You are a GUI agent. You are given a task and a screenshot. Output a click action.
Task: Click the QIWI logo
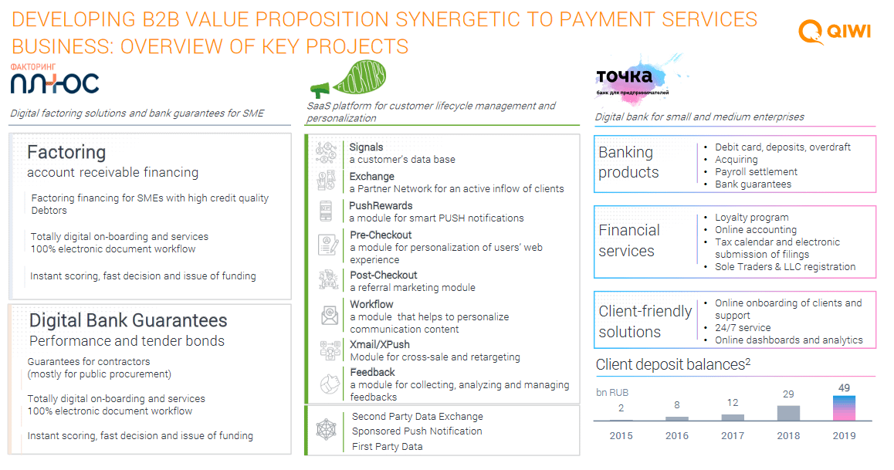(x=834, y=31)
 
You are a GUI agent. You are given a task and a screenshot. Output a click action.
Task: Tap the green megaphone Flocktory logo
(x=347, y=79)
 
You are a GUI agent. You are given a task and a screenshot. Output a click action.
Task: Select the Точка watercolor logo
(x=638, y=79)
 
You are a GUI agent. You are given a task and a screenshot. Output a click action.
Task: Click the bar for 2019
(x=844, y=408)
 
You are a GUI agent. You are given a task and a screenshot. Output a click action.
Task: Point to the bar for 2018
(x=788, y=413)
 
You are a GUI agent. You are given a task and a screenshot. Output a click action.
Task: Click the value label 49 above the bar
(x=844, y=388)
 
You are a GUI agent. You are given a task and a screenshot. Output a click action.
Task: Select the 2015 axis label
(x=621, y=436)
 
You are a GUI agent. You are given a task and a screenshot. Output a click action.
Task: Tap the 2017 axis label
(x=733, y=436)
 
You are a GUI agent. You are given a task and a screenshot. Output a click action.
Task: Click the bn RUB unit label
(x=611, y=393)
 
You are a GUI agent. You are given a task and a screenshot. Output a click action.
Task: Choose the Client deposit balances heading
(x=672, y=364)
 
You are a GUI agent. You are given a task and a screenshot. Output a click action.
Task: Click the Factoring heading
(x=66, y=153)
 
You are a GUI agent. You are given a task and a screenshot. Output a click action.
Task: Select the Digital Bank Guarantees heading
(x=128, y=321)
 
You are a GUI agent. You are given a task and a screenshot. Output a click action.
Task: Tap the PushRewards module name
(x=381, y=205)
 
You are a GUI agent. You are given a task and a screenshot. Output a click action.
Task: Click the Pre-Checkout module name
(x=381, y=235)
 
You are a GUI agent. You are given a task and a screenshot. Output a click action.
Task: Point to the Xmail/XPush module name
(x=380, y=345)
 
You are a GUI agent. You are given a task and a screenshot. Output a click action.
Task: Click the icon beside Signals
(x=327, y=154)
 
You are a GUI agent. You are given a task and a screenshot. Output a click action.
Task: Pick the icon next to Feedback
(x=329, y=384)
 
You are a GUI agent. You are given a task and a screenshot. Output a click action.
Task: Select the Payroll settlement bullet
(x=756, y=172)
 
